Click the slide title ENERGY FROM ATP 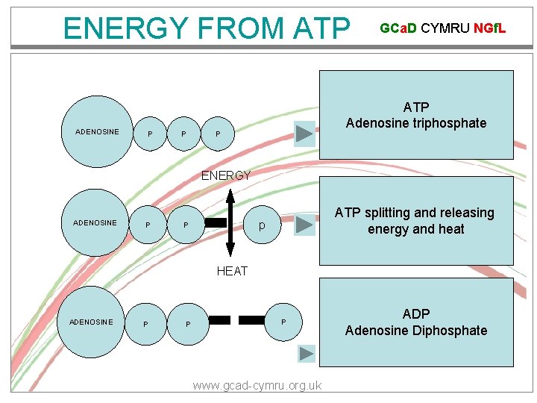click(x=207, y=28)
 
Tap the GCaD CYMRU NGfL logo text click(x=442, y=28)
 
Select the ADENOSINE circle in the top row click(x=97, y=132)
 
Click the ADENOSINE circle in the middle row click(x=95, y=222)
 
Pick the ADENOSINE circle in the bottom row click(x=91, y=322)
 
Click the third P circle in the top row click(x=218, y=134)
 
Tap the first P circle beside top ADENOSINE click(x=151, y=134)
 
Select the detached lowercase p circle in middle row click(x=262, y=225)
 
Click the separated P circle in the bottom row click(x=283, y=322)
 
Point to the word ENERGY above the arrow click(x=226, y=175)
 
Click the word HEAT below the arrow click(x=232, y=271)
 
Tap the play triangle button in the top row click(x=305, y=134)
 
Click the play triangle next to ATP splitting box click(x=305, y=224)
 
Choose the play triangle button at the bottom click(x=307, y=354)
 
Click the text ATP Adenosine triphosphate click(x=416, y=116)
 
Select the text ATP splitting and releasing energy click(x=415, y=221)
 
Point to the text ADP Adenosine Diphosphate click(x=416, y=322)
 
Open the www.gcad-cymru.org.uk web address click(x=257, y=385)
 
